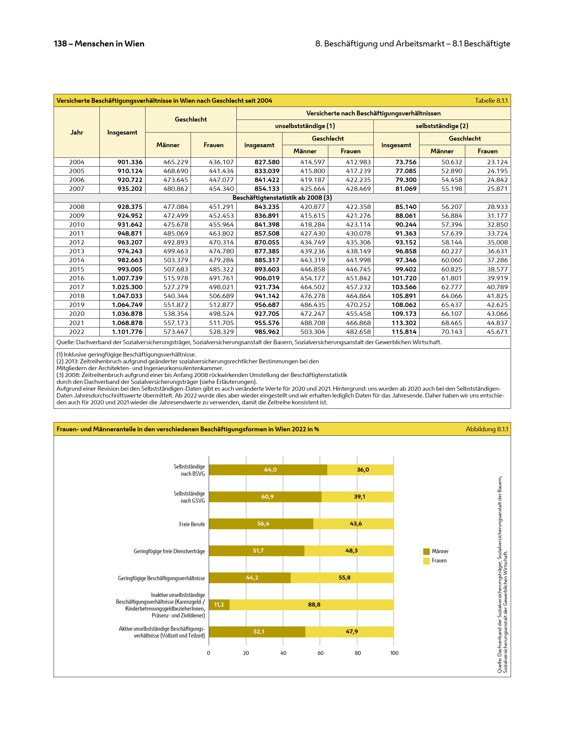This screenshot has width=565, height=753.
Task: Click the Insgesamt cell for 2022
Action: coord(127,332)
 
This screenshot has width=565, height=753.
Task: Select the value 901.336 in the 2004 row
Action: coord(130,162)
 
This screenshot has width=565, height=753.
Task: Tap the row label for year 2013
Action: coord(77,251)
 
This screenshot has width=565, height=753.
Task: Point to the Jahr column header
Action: coord(77,132)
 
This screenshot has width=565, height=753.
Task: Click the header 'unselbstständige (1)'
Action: coord(305,126)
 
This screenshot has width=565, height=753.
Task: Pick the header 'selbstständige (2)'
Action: coord(442,126)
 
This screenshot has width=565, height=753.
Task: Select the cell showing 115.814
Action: coord(404,332)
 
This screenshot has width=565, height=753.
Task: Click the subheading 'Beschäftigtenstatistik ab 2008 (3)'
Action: coord(282,198)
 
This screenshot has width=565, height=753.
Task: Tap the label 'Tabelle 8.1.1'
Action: coord(491,101)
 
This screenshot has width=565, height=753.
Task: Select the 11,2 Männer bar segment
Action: coord(219,605)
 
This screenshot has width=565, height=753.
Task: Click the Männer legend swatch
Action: coord(426,552)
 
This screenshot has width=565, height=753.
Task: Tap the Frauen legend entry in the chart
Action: coord(439,561)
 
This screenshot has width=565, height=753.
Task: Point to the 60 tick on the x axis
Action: coord(320,653)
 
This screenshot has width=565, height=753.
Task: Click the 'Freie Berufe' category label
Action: coord(192,524)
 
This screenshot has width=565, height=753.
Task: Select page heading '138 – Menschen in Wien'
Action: coord(99,44)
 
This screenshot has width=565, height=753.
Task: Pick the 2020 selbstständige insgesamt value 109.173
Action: coord(404,314)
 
